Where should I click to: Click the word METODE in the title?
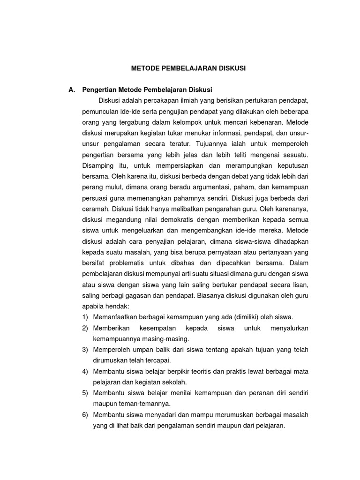point(144,68)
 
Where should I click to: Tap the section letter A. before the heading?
point(72,90)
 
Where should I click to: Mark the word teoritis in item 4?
point(194,372)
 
